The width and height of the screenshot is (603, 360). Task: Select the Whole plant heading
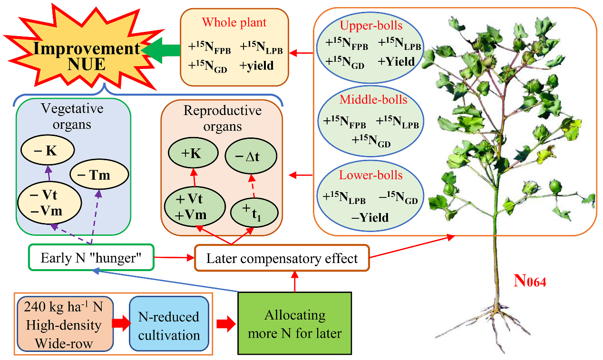click(234, 22)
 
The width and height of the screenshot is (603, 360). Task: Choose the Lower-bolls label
click(370, 175)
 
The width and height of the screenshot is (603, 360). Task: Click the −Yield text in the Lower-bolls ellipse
click(370, 217)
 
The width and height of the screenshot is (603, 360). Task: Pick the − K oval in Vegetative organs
click(47, 152)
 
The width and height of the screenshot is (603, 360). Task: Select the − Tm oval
click(99, 175)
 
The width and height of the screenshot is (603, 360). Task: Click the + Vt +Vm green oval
click(194, 207)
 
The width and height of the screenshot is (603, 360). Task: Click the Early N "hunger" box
click(91, 258)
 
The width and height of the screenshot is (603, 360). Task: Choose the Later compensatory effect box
click(282, 259)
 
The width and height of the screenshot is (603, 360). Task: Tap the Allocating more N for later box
click(295, 324)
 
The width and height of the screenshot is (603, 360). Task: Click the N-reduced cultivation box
click(169, 325)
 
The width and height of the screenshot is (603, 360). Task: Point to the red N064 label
click(530, 281)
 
